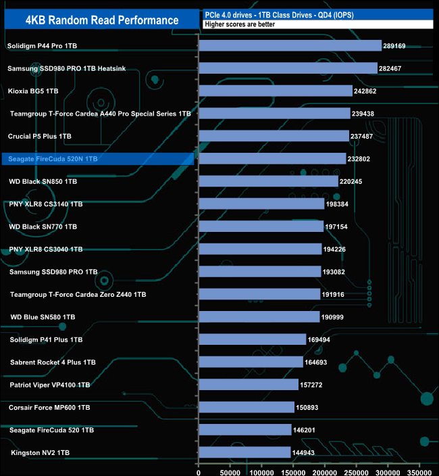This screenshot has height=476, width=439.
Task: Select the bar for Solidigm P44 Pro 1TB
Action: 290,46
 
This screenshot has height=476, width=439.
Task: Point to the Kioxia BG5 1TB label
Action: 33,91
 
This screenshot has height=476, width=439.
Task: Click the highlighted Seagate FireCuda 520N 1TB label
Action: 50,159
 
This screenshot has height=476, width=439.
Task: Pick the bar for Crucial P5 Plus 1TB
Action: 274,136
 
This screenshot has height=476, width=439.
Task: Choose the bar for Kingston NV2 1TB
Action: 244,452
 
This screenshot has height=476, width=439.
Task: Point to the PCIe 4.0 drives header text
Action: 278,14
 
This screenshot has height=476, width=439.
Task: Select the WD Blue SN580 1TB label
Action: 43,316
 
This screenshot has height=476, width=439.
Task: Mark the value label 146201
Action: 307,430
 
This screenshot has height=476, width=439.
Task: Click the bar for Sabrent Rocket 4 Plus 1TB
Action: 251,362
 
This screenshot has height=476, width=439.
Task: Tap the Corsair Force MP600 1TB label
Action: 49,408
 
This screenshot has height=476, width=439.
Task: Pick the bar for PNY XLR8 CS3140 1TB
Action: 261,204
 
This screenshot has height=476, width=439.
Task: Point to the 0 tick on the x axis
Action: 199,467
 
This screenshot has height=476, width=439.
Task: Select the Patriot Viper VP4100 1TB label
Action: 50,385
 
